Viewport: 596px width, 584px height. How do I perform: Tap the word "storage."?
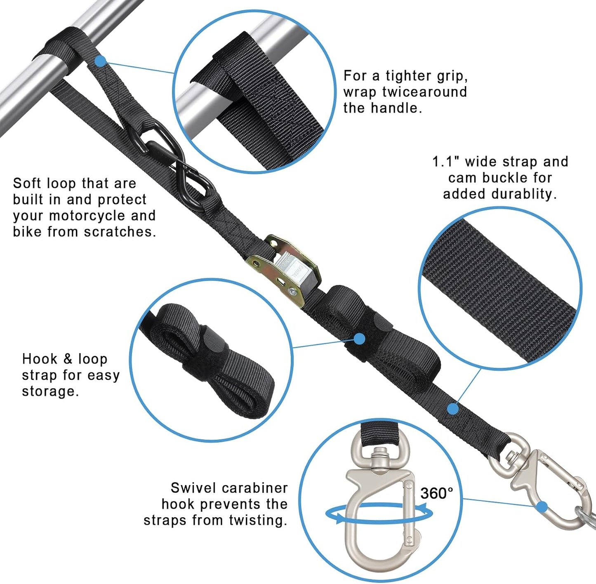click(x=50, y=391)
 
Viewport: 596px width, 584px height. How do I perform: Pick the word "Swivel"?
click(x=190, y=488)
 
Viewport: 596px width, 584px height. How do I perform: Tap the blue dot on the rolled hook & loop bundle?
click(x=359, y=339)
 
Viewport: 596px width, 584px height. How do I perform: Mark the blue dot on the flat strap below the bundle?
click(x=453, y=409)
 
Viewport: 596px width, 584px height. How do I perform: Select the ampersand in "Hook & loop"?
click(x=68, y=359)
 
